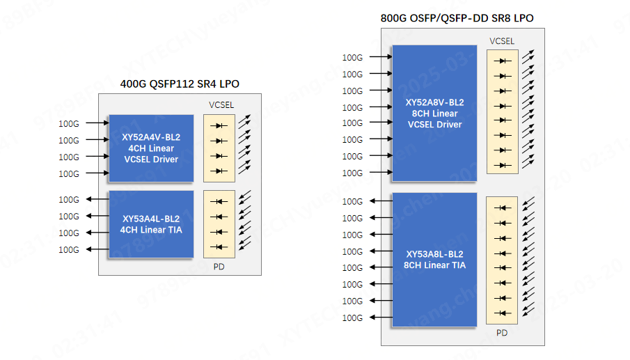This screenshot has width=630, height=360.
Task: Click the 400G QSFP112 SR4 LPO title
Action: (180, 84)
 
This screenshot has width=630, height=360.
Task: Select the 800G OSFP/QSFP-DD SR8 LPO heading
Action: (457, 18)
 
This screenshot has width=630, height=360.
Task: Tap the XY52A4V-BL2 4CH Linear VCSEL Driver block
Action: (150, 148)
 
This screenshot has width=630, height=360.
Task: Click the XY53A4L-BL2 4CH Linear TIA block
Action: (150, 224)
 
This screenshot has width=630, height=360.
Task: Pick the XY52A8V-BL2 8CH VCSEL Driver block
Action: (434, 114)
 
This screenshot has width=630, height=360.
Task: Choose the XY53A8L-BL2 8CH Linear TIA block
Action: (434, 259)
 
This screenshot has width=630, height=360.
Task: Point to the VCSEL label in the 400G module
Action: (221, 105)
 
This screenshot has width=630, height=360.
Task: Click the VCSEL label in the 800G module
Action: (502, 41)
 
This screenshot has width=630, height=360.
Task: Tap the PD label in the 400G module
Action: (219, 266)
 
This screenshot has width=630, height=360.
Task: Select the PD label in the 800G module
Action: (502, 333)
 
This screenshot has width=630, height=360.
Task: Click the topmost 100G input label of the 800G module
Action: (352, 57)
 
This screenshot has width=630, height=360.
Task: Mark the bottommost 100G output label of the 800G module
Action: (352, 318)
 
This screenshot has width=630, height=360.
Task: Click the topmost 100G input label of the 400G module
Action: (69, 124)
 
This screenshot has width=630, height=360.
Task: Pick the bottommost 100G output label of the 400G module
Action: (69, 250)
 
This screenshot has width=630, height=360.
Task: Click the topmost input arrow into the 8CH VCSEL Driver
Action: (379, 56)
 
